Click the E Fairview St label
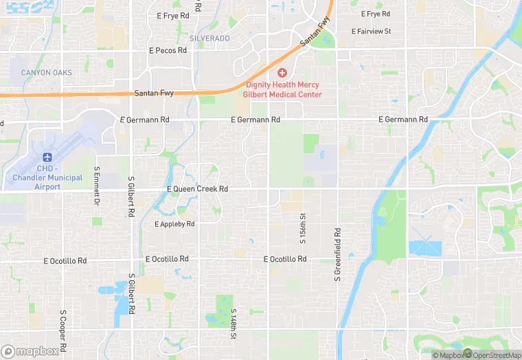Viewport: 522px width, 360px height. pyautogui.click(x=371, y=32)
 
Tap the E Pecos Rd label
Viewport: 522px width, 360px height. pyautogui.click(x=168, y=50)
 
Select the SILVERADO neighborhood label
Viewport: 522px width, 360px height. pyautogui.click(x=209, y=38)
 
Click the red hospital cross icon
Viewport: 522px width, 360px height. pyautogui.click(x=282, y=73)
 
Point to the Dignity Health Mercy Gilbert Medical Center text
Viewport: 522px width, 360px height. pyautogui.click(x=284, y=89)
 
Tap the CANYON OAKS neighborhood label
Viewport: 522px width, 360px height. pyautogui.click(x=46, y=73)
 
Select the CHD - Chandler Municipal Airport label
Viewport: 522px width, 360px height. pyautogui.click(x=47, y=177)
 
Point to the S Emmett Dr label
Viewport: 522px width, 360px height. pyautogui.click(x=97, y=184)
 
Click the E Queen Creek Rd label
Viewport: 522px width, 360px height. pyautogui.click(x=197, y=189)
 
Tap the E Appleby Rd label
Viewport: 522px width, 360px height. pyautogui.click(x=174, y=224)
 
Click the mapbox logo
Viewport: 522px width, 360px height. pyautogui.click(x=30, y=351)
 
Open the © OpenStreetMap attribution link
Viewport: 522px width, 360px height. pyautogui.click(x=492, y=355)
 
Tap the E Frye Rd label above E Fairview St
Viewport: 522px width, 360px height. pyautogui.click(x=374, y=14)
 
